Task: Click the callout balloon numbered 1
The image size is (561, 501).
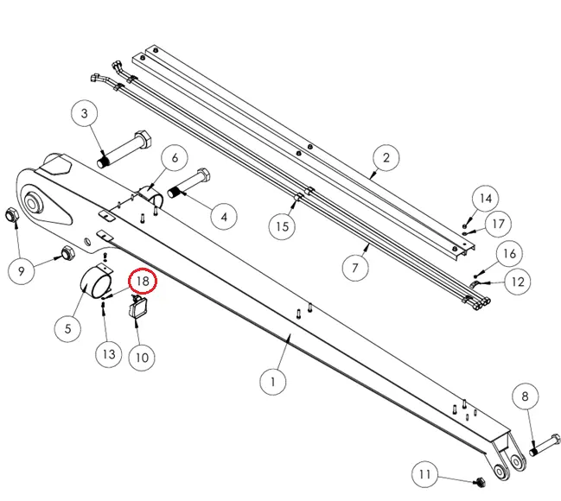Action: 272,380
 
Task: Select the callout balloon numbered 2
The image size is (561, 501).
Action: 386,157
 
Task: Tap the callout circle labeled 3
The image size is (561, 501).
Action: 85,114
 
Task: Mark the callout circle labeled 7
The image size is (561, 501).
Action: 354,268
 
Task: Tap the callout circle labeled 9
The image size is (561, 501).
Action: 21,271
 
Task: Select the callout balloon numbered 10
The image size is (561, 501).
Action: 141,355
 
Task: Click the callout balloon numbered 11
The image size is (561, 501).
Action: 424,474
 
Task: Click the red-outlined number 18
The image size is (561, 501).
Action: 141,281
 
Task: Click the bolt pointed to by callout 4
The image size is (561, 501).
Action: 190,184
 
